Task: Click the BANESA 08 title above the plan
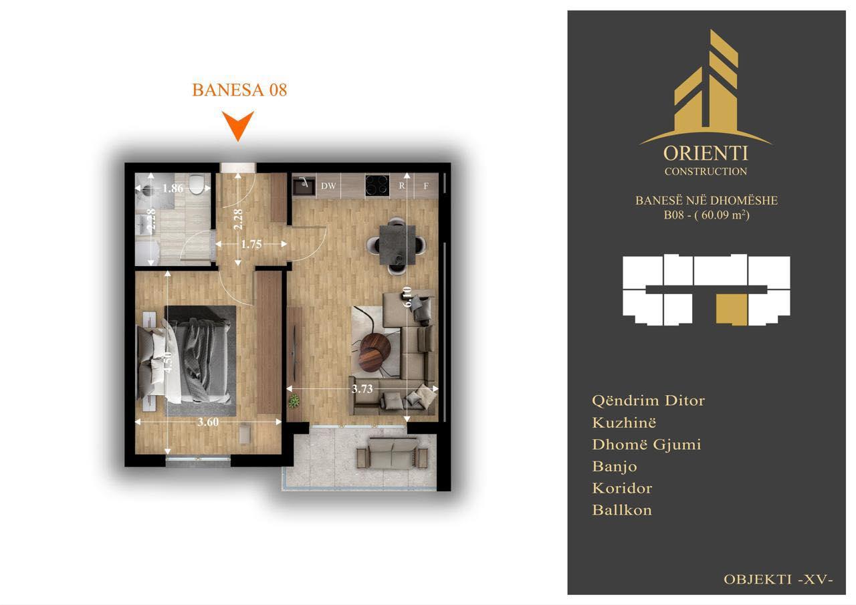[x=239, y=90]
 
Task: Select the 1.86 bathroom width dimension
[x=173, y=188]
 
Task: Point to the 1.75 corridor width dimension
[x=251, y=244]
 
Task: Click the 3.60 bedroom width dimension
[x=208, y=422]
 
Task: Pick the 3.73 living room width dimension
[x=362, y=389]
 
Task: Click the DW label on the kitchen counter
[x=328, y=186]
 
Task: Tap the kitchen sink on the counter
[x=304, y=186]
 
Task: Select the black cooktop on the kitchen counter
[x=377, y=185]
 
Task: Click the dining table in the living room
[x=397, y=245]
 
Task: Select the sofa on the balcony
[x=392, y=453]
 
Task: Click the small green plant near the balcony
[x=294, y=401]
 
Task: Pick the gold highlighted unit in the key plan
[x=732, y=310]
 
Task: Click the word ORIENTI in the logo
[x=706, y=154]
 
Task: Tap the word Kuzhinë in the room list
[x=624, y=422]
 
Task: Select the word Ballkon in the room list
[x=622, y=510]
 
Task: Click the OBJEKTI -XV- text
[x=778, y=580]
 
